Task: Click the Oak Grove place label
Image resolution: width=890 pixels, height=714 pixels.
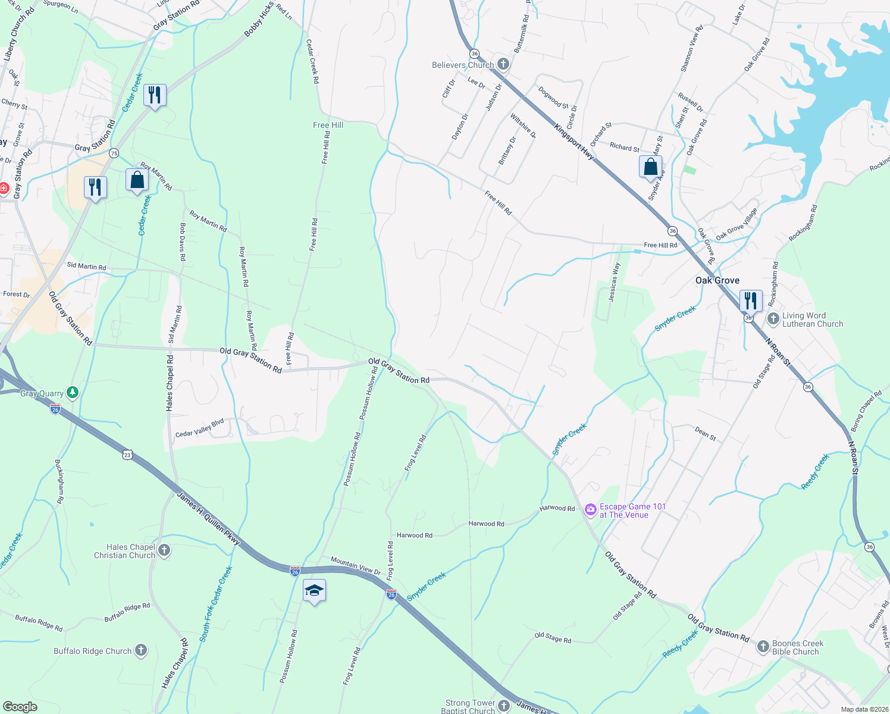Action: click(x=717, y=280)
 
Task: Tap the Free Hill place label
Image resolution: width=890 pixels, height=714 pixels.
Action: click(x=328, y=125)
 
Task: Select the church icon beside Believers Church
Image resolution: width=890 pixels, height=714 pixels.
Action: click(x=503, y=64)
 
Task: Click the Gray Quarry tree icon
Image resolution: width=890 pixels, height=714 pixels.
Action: click(x=73, y=393)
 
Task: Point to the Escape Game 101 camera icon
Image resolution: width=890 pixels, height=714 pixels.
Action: click(x=590, y=509)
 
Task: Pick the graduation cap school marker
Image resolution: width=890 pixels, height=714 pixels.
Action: click(x=314, y=591)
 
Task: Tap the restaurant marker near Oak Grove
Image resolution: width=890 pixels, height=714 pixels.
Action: click(x=751, y=300)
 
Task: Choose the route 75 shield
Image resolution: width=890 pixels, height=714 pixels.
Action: click(x=114, y=153)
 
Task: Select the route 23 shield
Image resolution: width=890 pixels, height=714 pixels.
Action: click(x=127, y=455)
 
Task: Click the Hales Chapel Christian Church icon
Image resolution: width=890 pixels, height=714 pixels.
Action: click(x=164, y=550)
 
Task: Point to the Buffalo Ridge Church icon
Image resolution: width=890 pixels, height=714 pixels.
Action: click(x=141, y=650)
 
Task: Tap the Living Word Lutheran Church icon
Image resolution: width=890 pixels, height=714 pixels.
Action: click(x=773, y=319)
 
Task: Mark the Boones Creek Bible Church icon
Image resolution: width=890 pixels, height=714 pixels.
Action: click(x=763, y=647)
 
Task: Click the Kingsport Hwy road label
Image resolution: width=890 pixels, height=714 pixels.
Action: click(x=574, y=142)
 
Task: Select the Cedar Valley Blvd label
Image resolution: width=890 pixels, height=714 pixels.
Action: click(x=199, y=428)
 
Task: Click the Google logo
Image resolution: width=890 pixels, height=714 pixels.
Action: click(x=20, y=706)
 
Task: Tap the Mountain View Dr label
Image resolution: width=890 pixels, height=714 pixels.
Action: click(x=355, y=566)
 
